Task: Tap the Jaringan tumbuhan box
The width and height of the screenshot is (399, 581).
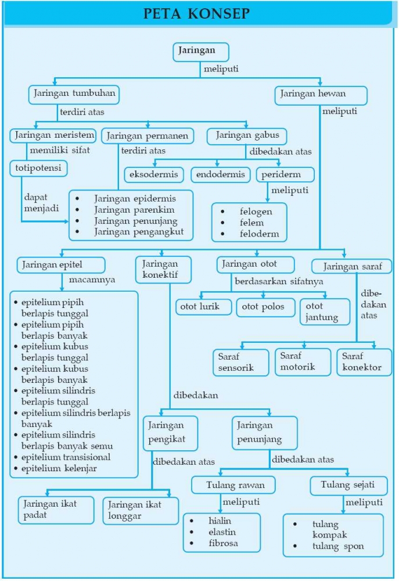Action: pyautogui.click(x=74, y=94)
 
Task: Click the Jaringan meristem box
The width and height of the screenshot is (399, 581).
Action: pyautogui.click(x=52, y=136)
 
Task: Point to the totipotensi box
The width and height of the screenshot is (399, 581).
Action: pyautogui.click(x=38, y=168)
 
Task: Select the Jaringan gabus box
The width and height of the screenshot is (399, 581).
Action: pyautogui.click(x=247, y=136)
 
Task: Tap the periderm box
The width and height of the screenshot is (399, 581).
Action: pyautogui.click(x=285, y=175)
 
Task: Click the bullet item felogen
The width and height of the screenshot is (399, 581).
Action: pyautogui.click(x=256, y=211)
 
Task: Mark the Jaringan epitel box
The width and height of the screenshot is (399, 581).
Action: pyautogui.click(x=61, y=265)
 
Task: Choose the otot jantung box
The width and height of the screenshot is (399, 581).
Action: pyautogui.click(x=324, y=312)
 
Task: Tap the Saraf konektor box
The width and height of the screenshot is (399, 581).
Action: pyautogui.click(x=364, y=361)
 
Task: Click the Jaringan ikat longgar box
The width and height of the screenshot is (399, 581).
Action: pyautogui.click(x=140, y=510)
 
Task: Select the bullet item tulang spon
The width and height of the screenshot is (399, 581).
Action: pyautogui.click(x=337, y=547)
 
